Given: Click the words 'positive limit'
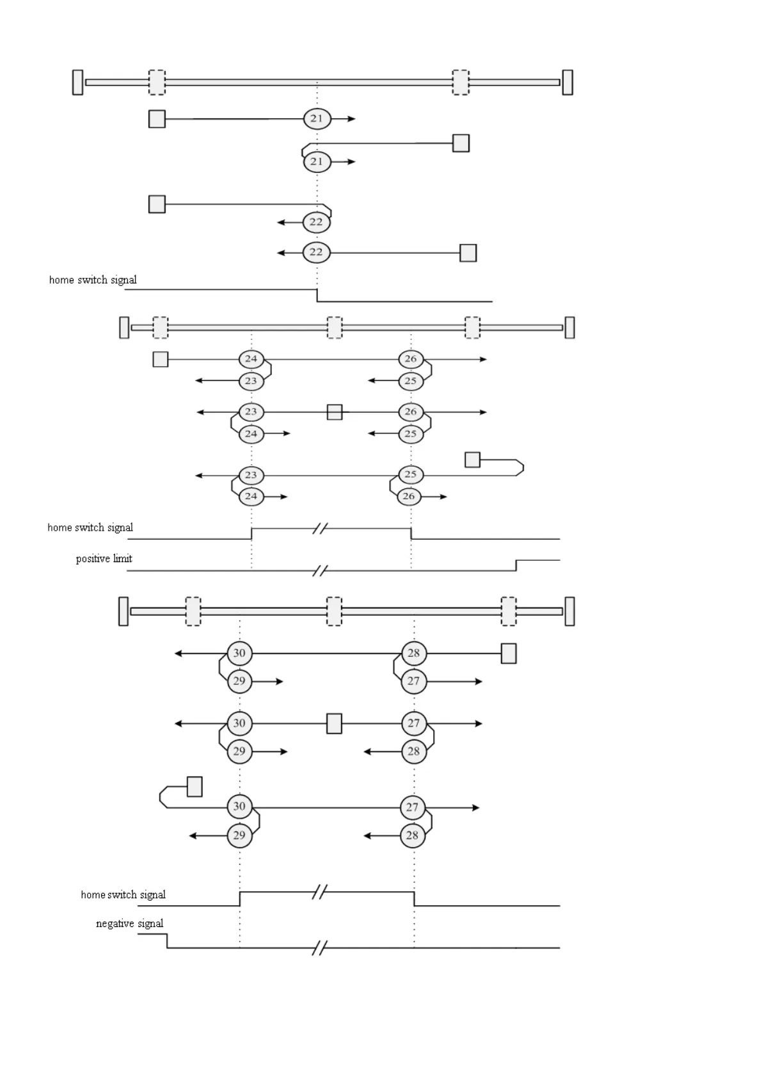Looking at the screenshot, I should tap(104, 559).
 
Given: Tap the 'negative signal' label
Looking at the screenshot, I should tap(129, 923).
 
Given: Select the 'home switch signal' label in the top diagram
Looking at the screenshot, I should tap(93, 280).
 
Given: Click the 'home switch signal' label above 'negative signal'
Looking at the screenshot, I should tap(123, 894).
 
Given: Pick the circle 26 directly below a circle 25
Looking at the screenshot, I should tap(409, 496).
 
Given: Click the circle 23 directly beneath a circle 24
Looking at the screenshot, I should tap(251, 381).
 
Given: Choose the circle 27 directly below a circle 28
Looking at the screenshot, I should tap(413, 681).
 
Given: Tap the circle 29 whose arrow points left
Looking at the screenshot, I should tap(239, 835).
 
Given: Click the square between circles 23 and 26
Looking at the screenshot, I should tap(335, 412).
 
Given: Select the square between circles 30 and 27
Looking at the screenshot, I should tap(334, 723).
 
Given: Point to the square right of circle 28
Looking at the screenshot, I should tap(509, 654).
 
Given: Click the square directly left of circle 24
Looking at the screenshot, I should tap(161, 359).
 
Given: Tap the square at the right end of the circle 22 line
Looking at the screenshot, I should tap(468, 253).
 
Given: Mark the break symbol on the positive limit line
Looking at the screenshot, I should tap(320, 570).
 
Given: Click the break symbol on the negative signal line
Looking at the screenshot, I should tap(319, 948).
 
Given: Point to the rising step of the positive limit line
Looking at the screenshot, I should tap(516, 565).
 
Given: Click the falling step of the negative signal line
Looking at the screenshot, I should tap(167, 941).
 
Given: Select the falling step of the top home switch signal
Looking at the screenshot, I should tap(317, 295).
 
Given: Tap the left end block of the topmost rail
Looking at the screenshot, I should tap(78, 83).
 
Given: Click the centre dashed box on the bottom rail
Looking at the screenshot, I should tap(334, 611).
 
